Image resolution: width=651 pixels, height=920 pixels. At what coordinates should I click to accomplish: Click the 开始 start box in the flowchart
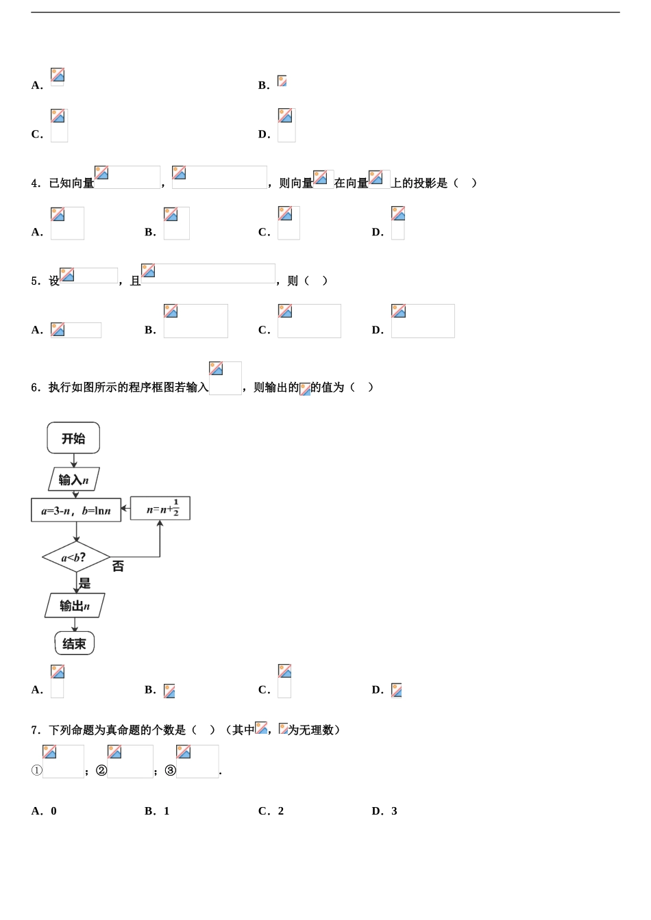[73, 438]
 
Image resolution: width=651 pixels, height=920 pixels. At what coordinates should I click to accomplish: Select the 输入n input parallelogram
[74, 479]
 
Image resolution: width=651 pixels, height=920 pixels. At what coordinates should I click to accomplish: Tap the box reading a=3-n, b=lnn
[76, 510]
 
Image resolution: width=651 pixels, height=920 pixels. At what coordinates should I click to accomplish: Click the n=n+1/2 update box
[160, 509]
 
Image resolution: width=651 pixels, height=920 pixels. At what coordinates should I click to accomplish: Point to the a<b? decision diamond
[75, 557]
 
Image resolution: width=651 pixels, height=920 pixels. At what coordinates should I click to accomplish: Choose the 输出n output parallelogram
[75, 606]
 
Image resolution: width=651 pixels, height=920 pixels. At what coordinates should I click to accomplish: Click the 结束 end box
[75, 643]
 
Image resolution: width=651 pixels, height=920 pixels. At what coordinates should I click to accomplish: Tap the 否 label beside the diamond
[118, 566]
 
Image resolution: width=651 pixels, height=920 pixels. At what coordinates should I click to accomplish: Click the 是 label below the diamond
[84, 583]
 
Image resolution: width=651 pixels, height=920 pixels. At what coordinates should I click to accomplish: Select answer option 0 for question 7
[53, 811]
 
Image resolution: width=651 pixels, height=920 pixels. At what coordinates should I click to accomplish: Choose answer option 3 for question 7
[394, 811]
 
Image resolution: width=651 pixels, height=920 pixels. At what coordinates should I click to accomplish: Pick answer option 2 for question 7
[281, 811]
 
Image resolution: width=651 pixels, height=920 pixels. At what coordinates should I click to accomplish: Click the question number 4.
[35, 183]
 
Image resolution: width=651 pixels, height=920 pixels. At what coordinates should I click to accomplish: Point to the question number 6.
[35, 387]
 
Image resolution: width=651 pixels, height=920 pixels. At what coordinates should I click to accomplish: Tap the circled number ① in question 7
[37, 771]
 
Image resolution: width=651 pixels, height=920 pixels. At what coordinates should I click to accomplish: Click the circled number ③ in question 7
[171, 771]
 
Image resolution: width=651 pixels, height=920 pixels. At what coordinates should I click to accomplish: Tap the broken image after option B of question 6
[169, 691]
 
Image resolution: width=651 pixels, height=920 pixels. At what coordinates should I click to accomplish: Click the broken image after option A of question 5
[75, 330]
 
